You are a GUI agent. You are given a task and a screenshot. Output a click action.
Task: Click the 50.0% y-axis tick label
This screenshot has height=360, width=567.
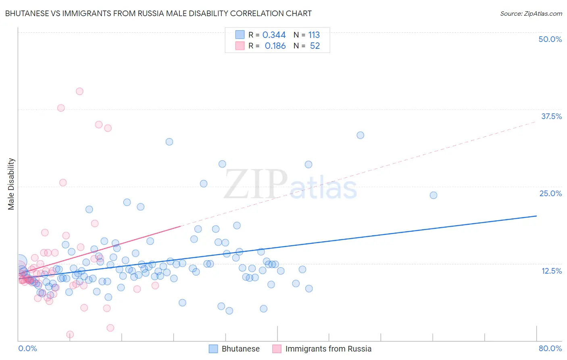point(550,39)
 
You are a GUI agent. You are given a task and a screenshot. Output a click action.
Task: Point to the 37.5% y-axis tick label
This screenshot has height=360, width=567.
point(551,116)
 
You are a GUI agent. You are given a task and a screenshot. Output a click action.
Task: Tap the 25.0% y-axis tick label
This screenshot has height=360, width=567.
point(550,193)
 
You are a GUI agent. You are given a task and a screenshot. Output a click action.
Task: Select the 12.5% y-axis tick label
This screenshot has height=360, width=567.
point(551,270)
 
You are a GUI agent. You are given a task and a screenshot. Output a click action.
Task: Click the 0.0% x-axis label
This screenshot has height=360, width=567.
point(27,348)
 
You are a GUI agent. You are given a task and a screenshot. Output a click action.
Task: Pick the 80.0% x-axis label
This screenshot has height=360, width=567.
point(550,348)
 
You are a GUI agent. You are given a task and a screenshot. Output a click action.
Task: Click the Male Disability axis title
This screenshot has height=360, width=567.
point(11,184)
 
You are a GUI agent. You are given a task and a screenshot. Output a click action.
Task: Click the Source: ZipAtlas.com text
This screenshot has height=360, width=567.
point(531,13)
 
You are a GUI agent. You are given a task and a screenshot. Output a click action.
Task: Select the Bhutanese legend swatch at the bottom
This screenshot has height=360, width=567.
point(213,349)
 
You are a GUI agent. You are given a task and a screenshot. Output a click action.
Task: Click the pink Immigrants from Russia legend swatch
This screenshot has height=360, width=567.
point(277,349)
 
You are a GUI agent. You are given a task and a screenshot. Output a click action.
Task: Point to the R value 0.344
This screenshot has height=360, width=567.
point(274,35)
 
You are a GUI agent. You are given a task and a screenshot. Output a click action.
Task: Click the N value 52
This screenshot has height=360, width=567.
point(315,46)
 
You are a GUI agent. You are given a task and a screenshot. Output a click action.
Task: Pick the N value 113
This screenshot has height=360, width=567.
point(314,35)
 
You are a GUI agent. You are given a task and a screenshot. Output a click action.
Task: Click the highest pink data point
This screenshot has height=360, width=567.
point(79,91)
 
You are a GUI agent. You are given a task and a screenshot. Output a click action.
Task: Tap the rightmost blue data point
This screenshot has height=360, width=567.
point(434,195)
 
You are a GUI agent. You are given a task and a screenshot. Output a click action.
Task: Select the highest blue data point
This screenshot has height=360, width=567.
point(361,135)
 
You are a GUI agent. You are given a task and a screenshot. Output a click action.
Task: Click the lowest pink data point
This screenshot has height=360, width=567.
point(70,335)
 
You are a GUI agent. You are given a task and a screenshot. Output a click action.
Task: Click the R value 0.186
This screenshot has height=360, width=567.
point(275,46)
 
